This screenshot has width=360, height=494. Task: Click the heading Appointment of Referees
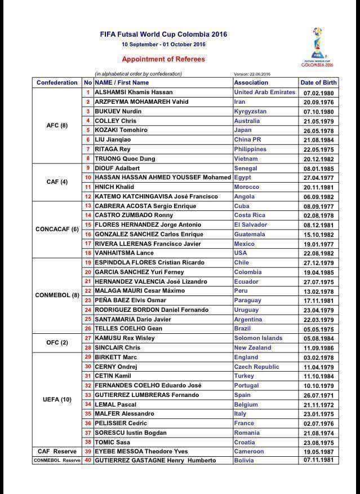click(x=163, y=59)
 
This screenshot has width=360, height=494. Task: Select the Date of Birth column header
click(x=319, y=82)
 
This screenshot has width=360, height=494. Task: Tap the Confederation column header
click(x=57, y=82)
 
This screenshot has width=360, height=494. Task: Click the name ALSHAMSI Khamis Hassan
click(x=134, y=92)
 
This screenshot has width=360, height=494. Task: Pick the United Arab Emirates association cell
click(x=264, y=92)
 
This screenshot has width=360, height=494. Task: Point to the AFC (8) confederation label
click(x=57, y=125)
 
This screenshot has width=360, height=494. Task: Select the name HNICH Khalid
click(x=114, y=187)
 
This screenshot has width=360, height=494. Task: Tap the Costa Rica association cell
click(x=250, y=215)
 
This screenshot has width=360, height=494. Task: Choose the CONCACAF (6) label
click(x=57, y=230)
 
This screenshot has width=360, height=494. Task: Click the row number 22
click(x=88, y=291)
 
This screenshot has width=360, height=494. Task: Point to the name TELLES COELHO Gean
click(x=128, y=328)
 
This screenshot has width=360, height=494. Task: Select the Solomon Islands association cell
click(x=258, y=338)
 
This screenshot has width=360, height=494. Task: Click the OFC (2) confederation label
click(x=57, y=343)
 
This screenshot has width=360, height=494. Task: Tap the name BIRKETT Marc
click(x=116, y=357)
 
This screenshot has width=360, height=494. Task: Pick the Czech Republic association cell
click(x=256, y=367)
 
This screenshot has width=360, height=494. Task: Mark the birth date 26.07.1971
click(x=319, y=395)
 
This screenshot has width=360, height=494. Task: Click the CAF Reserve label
click(x=57, y=451)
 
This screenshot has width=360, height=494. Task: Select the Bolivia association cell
click(x=245, y=460)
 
